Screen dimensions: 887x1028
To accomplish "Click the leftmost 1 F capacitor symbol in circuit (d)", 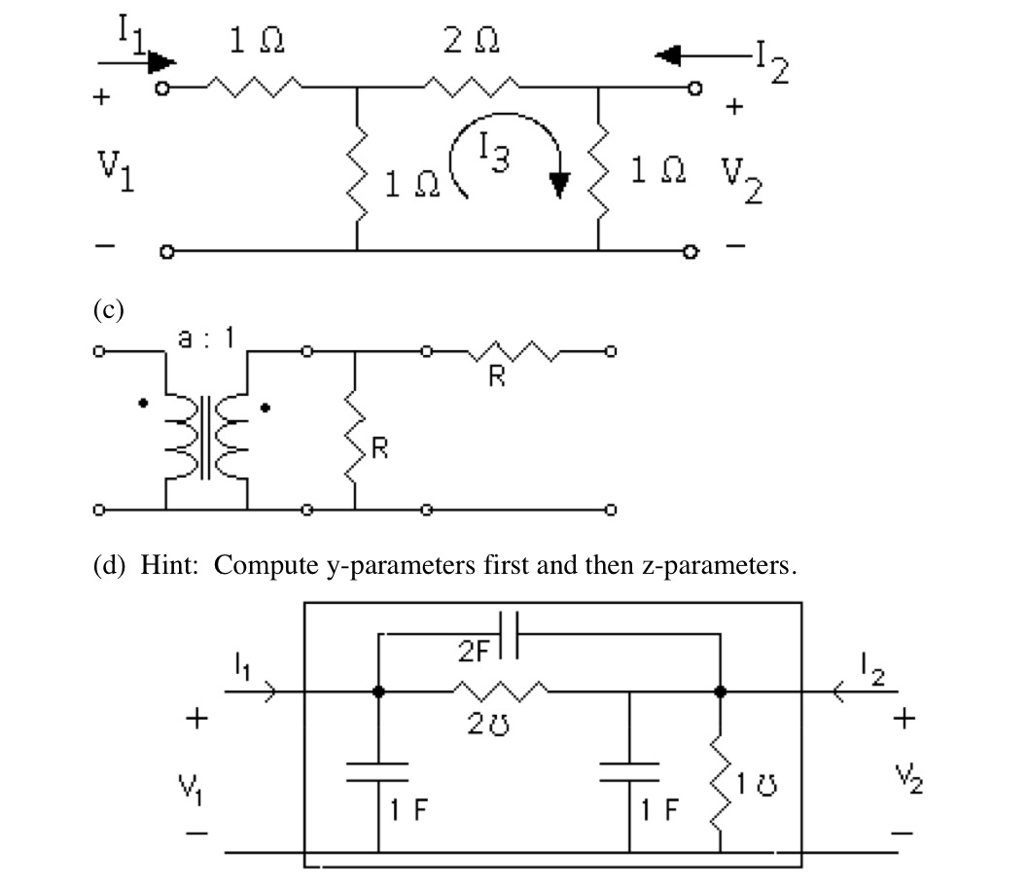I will coord(377,772).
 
